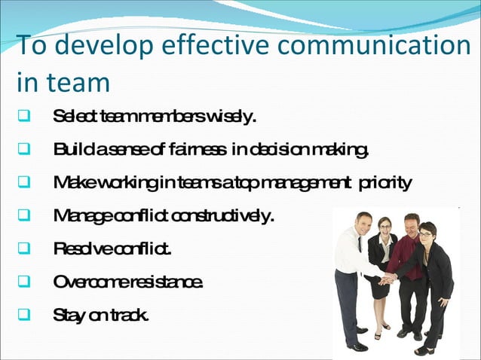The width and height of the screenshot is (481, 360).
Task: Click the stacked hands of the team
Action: click(388, 279)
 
